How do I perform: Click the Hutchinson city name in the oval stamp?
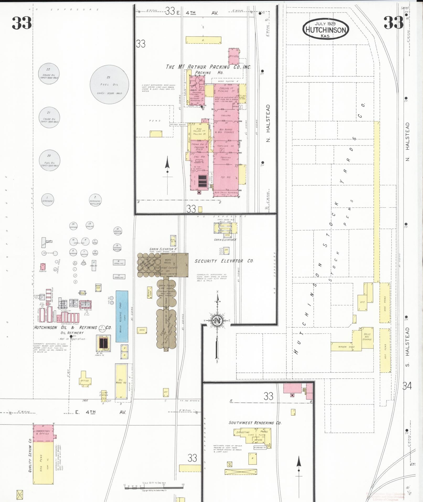pyautogui.click(x=326, y=30)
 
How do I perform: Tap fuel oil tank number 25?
pyautogui.click(x=109, y=84)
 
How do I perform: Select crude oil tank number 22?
pyautogui.click(x=49, y=74)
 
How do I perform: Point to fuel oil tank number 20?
pyautogui.click(x=49, y=160)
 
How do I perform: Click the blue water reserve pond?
pyautogui.click(x=122, y=316)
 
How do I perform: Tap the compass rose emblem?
pyautogui.click(x=217, y=320)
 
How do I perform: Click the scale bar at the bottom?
pyautogui.click(x=154, y=487)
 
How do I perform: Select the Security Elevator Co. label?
pyautogui.click(x=224, y=261)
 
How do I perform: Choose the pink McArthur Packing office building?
pyautogui.click(x=233, y=56)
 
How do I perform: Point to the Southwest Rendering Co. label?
pyautogui.click(x=255, y=423)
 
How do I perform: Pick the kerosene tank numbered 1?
pyautogui.click(x=47, y=200)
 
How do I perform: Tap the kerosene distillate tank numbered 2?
pyautogui.click(x=95, y=200)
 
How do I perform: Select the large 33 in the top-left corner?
pyautogui.click(x=22, y=23)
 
